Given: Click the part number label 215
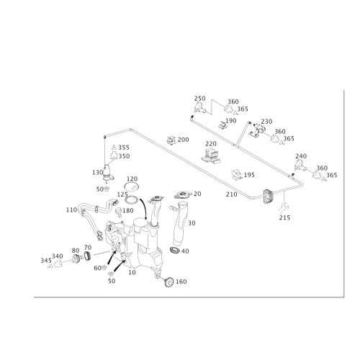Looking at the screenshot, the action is click(x=284, y=217).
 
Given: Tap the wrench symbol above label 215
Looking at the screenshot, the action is click(x=284, y=207).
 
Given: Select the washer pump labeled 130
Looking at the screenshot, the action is click(x=108, y=173).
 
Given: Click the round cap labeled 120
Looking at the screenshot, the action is click(x=132, y=186).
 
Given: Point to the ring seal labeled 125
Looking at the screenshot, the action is click(x=132, y=199).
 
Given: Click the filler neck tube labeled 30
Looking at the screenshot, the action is click(x=179, y=225).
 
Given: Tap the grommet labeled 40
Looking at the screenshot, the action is click(x=174, y=250).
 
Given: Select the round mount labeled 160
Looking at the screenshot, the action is click(x=169, y=282).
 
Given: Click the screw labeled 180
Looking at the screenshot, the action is click(x=119, y=212).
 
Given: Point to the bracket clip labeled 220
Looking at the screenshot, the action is click(x=212, y=156).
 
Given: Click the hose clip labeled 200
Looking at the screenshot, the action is click(x=171, y=140).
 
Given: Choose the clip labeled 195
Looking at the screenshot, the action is click(x=237, y=175).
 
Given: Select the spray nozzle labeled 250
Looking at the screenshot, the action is click(x=199, y=107).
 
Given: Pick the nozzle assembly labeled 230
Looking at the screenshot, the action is click(x=257, y=130).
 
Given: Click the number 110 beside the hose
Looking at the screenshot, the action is click(x=71, y=210).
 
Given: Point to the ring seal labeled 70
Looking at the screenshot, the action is click(x=88, y=256).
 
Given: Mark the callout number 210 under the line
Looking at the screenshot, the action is click(x=232, y=194).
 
